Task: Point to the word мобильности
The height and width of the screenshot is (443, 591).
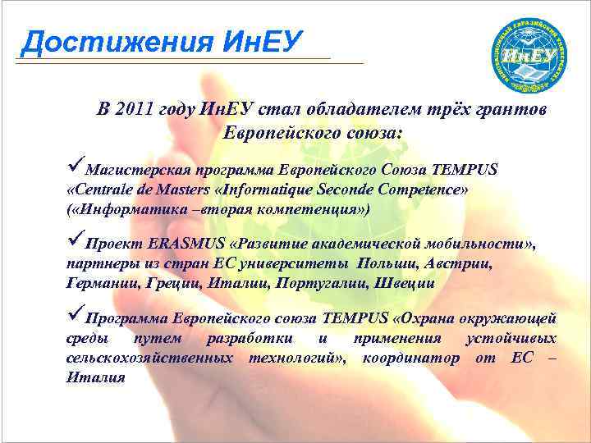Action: coord(475,244)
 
